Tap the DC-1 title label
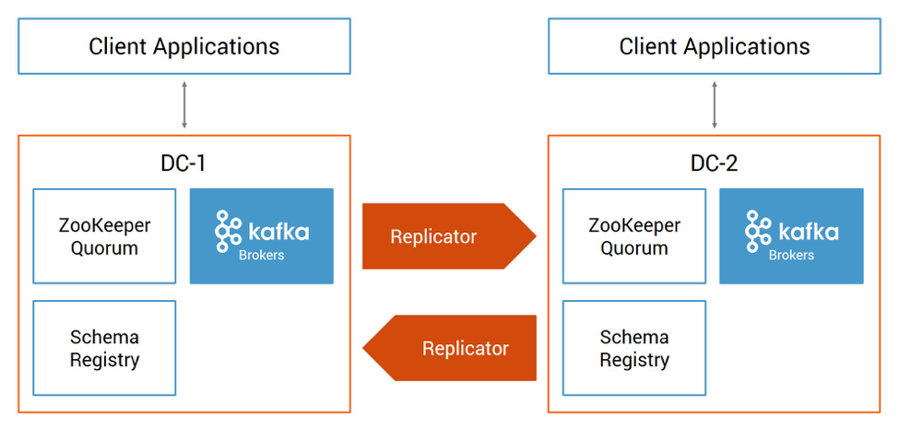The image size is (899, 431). pyautogui.click(x=183, y=163)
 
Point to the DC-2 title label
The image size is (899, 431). pyautogui.click(x=714, y=163)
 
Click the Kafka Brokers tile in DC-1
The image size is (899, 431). pyautogui.click(x=262, y=236)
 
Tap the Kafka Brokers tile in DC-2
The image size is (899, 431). pyautogui.click(x=791, y=236)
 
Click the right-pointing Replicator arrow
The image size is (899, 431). pyautogui.click(x=449, y=236)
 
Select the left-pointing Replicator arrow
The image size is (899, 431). pyautogui.click(x=450, y=348)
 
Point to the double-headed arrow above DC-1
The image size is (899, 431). pyautogui.click(x=184, y=105)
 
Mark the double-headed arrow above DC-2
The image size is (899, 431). pyautogui.click(x=715, y=105)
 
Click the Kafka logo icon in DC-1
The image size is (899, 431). pyautogui.click(x=227, y=232)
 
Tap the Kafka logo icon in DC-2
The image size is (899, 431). pyautogui.click(x=757, y=232)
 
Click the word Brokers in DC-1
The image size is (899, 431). pyautogui.click(x=262, y=256)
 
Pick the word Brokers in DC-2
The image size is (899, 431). pyautogui.click(x=791, y=256)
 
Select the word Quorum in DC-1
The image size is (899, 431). pyautogui.click(x=104, y=248)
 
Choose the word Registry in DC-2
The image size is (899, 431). pyautogui.click(x=634, y=361)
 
